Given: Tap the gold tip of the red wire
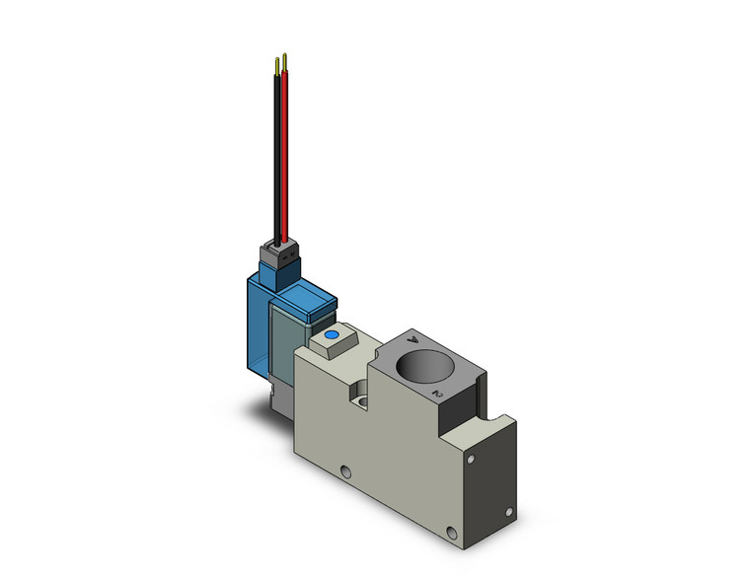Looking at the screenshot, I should point(285,62).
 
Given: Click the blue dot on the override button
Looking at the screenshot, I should point(331,337).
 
